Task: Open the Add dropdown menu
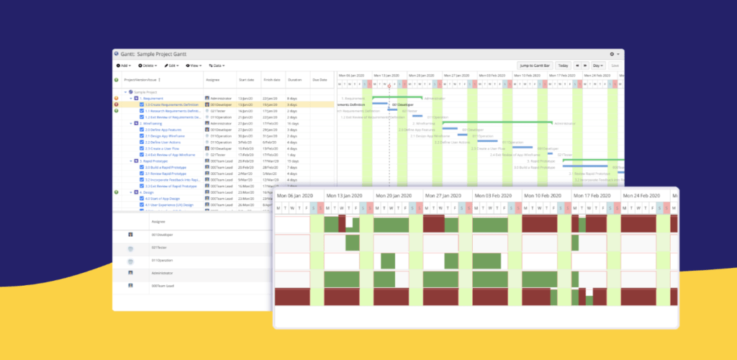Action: (123, 65)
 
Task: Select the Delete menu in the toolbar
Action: (146, 65)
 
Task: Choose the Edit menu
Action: (171, 65)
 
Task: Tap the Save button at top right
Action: (615, 65)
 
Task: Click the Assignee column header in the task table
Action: (212, 79)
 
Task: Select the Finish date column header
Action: (271, 79)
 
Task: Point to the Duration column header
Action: (294, 79)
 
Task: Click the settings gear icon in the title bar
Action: (612, 54)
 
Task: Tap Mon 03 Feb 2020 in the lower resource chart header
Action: (496, 196)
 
